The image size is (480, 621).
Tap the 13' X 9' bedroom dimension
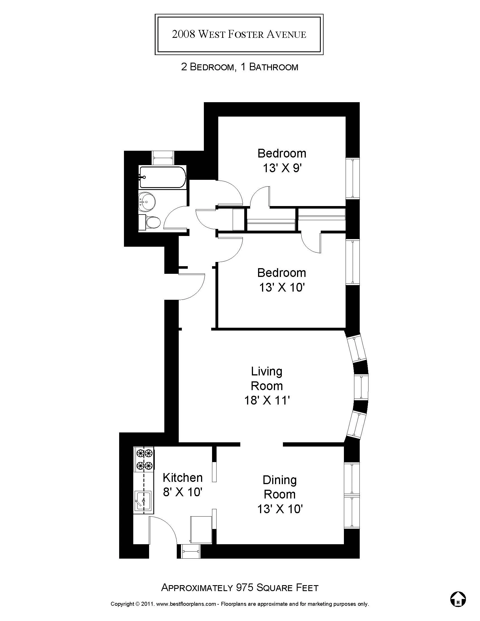point(282,168)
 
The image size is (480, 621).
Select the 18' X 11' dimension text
point(267,401)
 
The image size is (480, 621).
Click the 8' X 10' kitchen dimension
point(183,492)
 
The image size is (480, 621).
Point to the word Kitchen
point(183,478)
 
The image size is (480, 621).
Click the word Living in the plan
point(267,371)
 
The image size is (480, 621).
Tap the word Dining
point(280,480)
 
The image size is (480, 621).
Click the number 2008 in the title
point(184,34)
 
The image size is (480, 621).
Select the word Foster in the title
point(246,34)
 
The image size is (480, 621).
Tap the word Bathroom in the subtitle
point(274,67)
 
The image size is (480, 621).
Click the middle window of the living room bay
point(361,387)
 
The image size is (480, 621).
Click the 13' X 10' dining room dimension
point(280,509)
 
